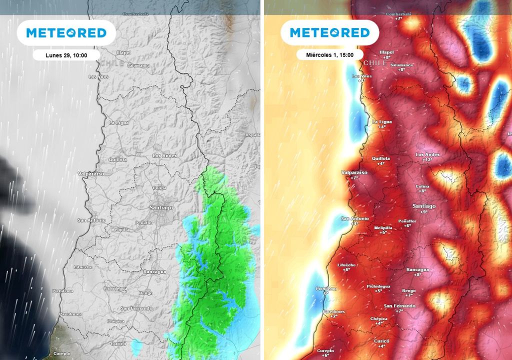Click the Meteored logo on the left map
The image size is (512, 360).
coord(66,33)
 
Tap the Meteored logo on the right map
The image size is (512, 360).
coord(330,33)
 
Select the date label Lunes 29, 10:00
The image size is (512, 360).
coord(66,55)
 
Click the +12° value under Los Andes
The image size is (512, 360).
coord(427,160)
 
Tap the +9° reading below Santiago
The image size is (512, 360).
coord(424,212)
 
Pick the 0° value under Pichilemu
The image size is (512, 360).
coord(326,293)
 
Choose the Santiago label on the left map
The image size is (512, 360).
coord(160,207)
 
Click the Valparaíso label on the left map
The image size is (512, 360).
coord(90,173)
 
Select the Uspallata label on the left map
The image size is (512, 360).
coord(252,135)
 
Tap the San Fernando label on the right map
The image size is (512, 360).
coord(399,305)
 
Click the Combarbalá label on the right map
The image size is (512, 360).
coord(398,13)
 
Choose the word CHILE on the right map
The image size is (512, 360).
coord(375,63)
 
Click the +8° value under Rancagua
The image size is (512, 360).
coord(417,274)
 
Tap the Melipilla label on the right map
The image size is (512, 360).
coord(383,227)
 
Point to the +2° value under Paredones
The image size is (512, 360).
coord(334,316)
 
